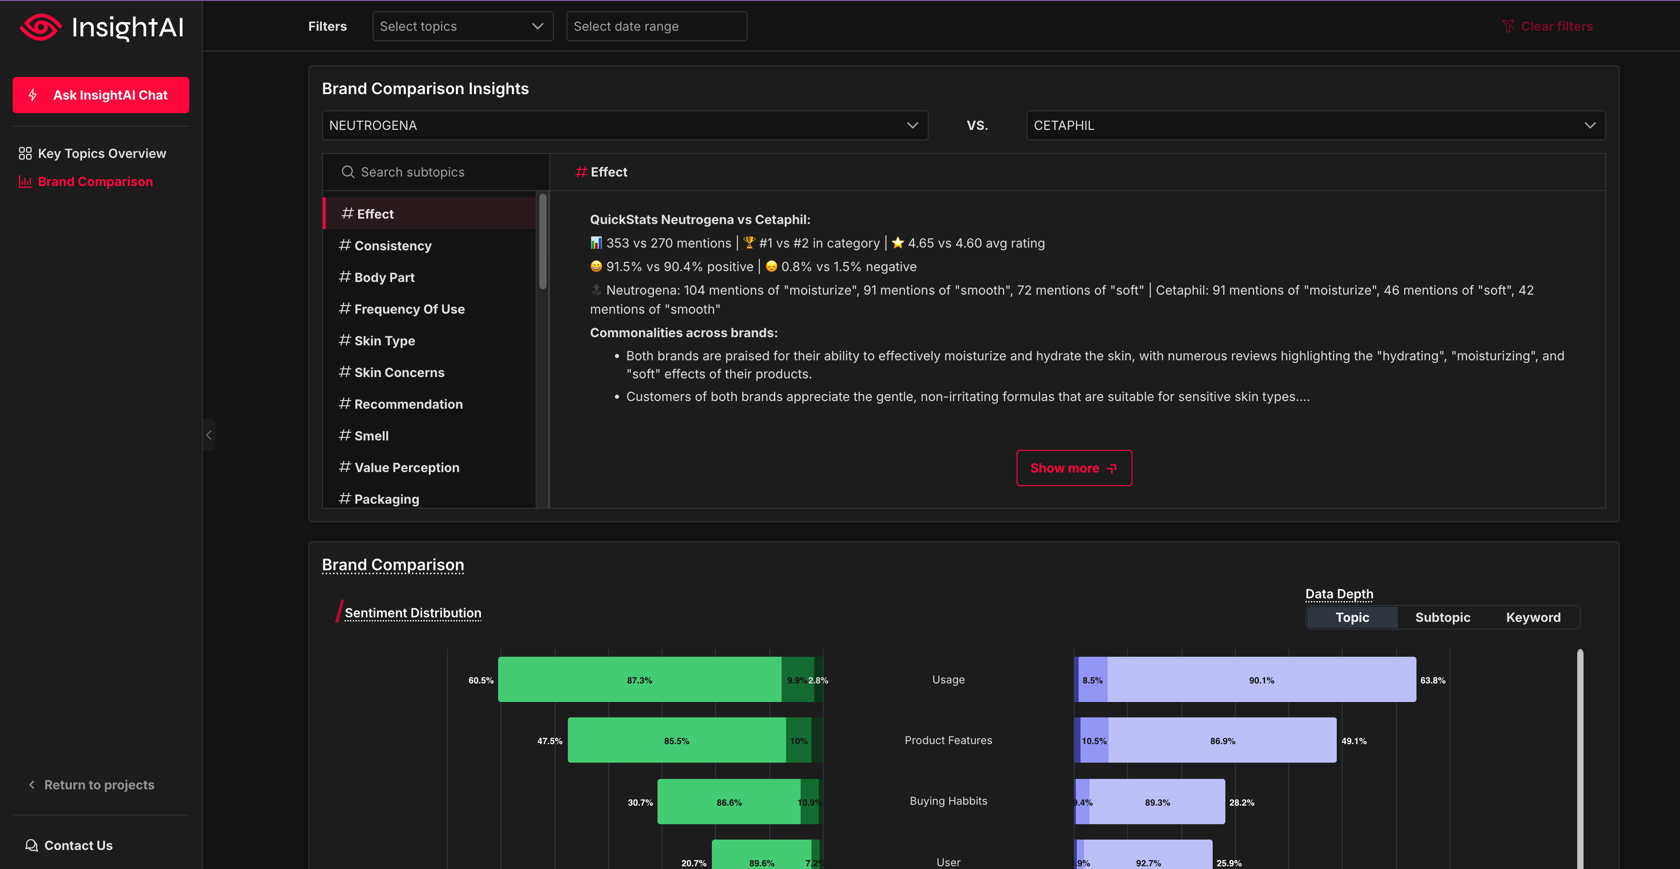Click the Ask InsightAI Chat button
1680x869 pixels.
point(101,95)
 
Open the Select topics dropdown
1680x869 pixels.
point(462,26)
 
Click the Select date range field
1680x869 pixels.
point(656,26)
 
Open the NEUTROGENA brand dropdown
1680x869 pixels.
point(624,125)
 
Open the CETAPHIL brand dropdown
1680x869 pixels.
point(1315,125)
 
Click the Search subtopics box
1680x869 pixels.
point(436,172)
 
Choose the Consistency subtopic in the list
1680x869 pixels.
point(393,246)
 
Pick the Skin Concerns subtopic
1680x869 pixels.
point(398,372)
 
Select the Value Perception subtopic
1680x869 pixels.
point(406,468)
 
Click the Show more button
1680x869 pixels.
point(1074,468)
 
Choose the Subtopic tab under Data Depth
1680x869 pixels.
point(1442,617)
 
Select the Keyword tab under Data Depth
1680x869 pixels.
point(1533,617)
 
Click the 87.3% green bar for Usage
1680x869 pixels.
point(639,680)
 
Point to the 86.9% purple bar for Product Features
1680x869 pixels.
point(1222,740)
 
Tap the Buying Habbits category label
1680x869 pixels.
point(948,801)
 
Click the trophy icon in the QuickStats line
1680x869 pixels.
point(749,243)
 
